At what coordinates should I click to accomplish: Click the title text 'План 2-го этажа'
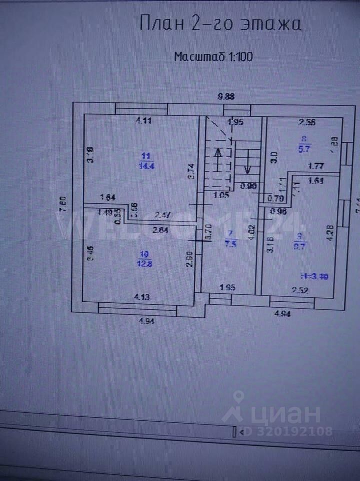click(220, 24)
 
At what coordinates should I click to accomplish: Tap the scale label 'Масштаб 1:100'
click(213, 56)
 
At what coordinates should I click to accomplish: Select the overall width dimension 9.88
click(226, 97)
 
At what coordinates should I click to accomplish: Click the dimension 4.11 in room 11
click(144, 120)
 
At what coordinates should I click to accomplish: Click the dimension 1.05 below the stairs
click(221, 196)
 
